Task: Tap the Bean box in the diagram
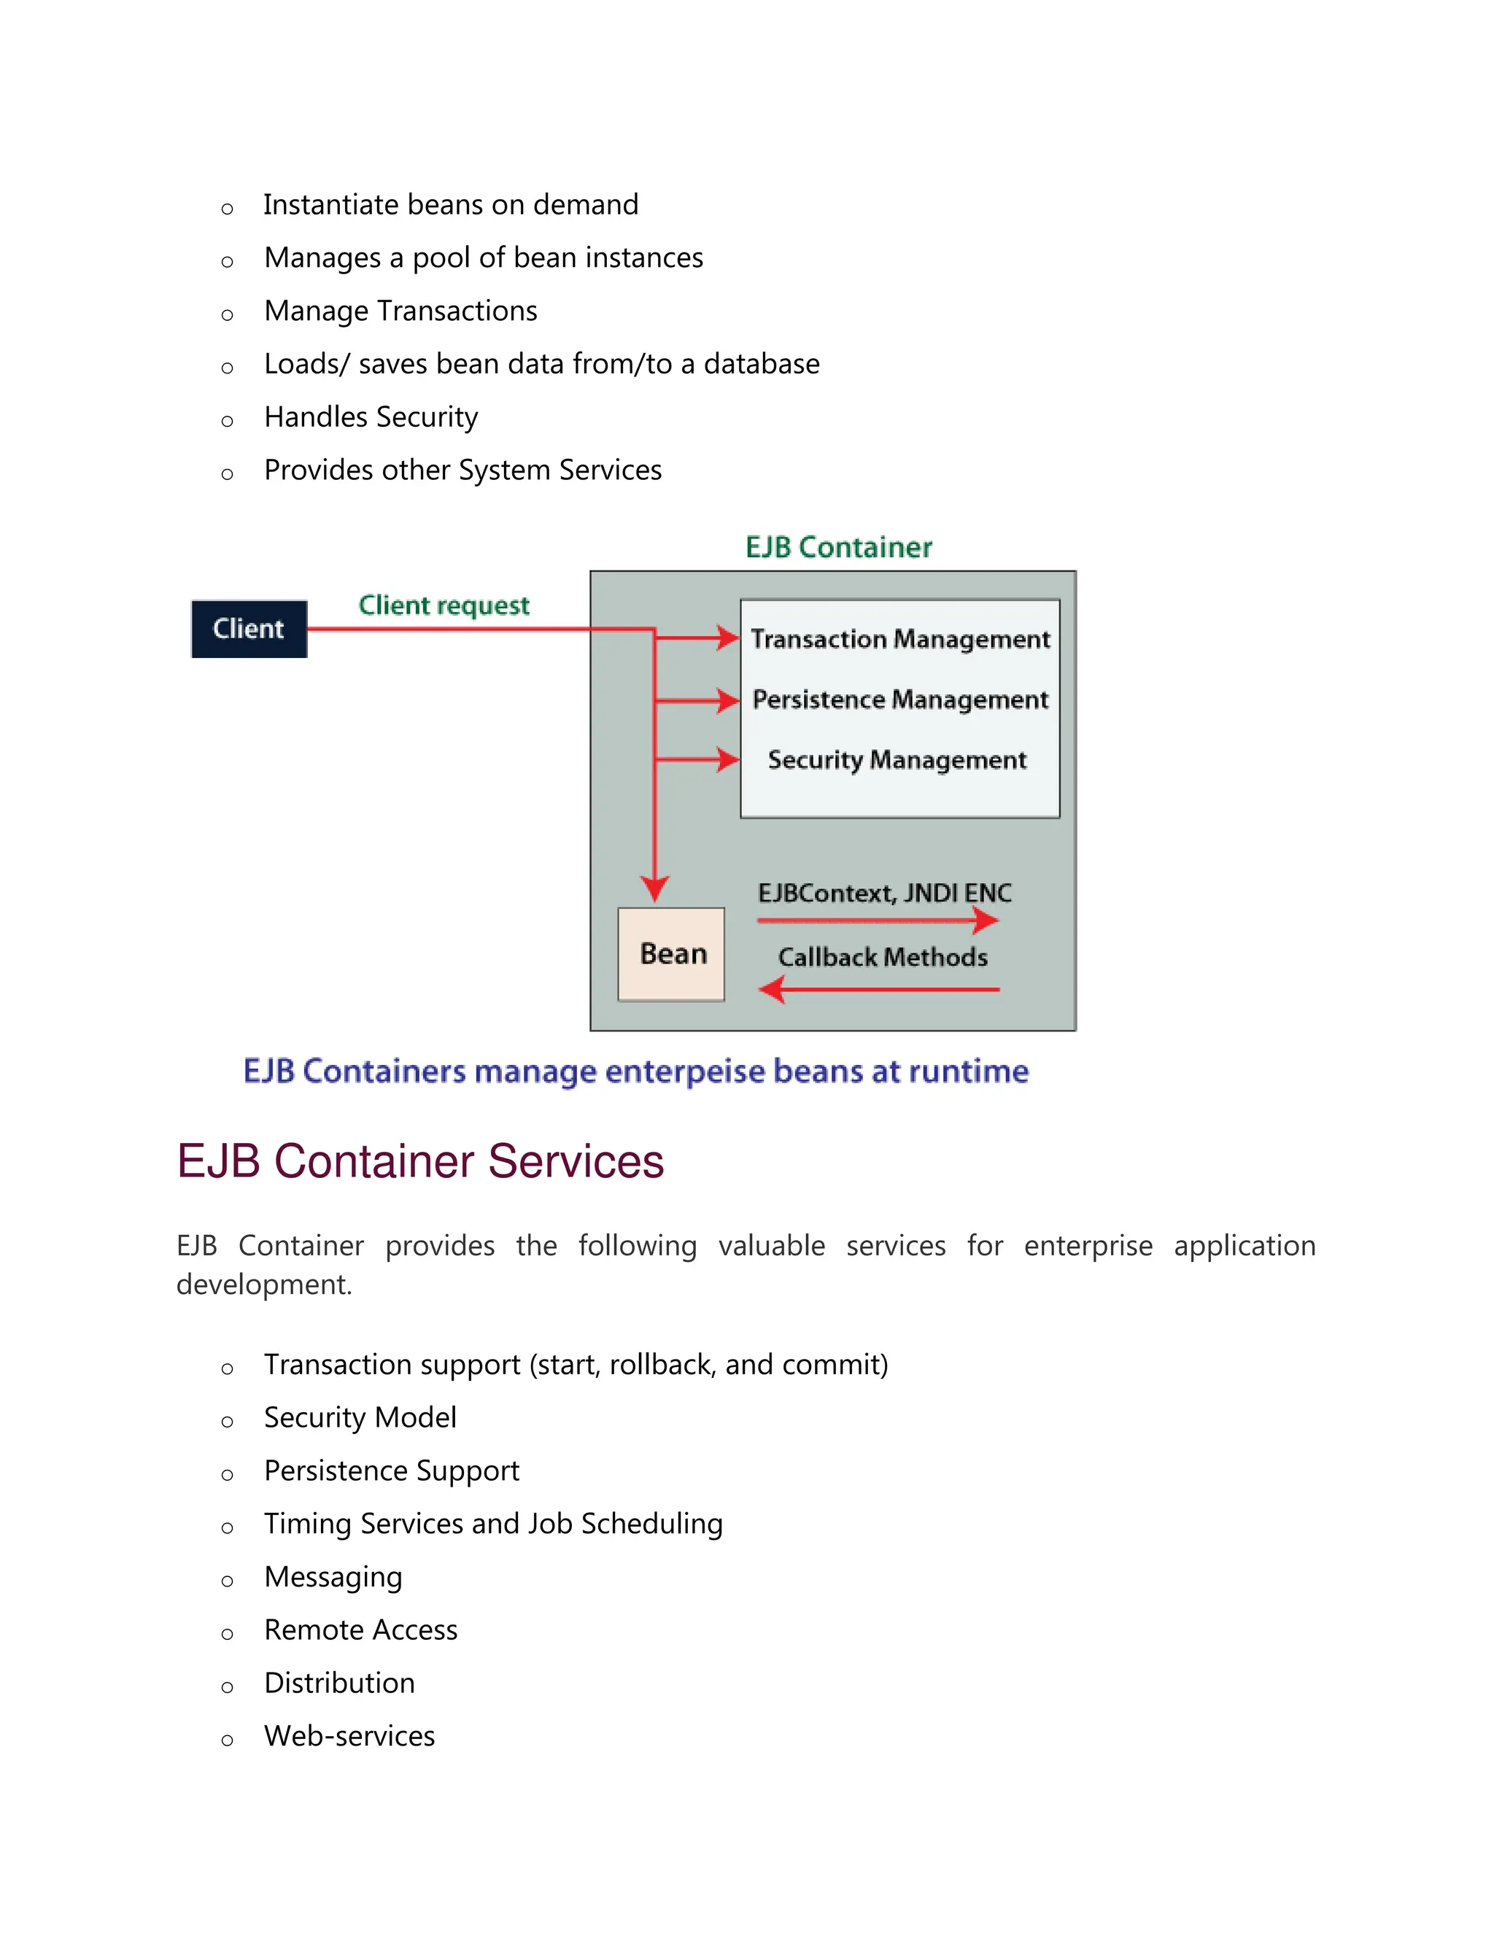[671, 954]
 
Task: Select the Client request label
[444, 605]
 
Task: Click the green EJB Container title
[838, 548]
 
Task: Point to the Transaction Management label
[900, 639]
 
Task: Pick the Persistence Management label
[900, 700]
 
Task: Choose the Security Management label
[897, 759]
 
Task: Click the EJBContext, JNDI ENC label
[884, 893]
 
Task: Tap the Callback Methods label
[883, 957]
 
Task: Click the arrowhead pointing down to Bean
[655, 888]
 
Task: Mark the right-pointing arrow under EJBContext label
[878, 921]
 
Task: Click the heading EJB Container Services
[420, 1161]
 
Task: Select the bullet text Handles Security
[371, 417]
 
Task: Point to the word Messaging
[333, 1576]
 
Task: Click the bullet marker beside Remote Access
[228, 1634]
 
